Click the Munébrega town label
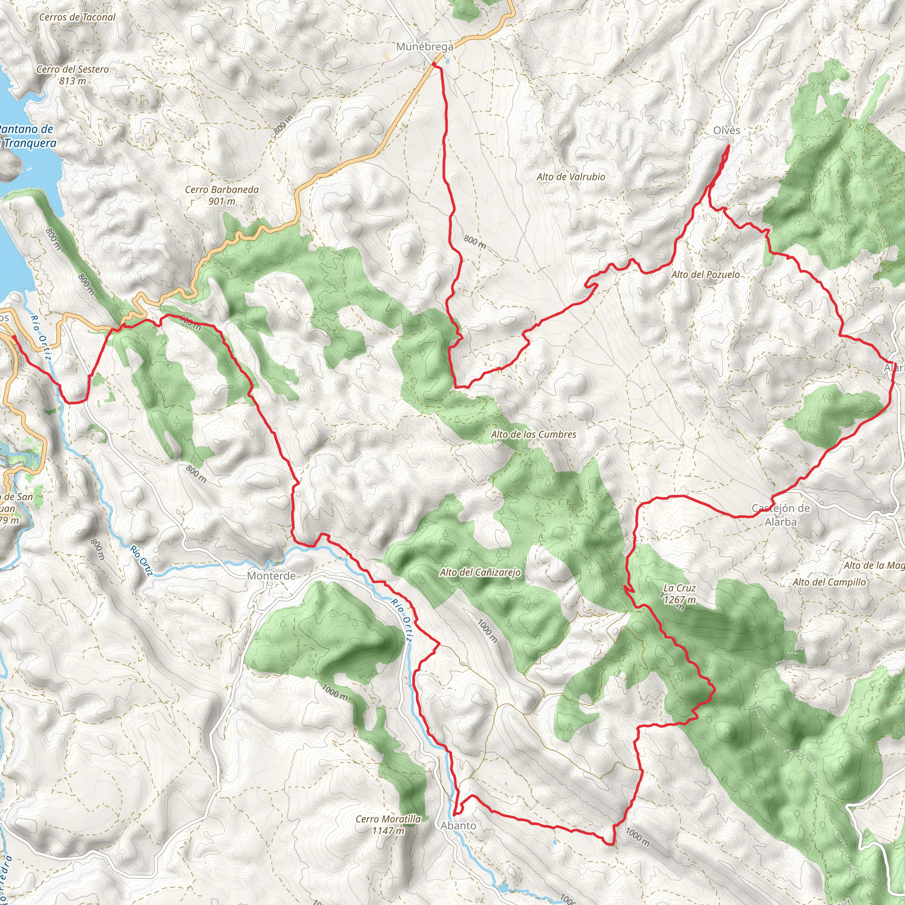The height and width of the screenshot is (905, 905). click(x=424, y=47)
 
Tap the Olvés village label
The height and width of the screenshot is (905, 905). click(x=726, y=131)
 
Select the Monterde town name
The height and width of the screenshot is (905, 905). click(x=271, y=576)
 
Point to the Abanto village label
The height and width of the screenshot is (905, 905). click(x=458, y=826)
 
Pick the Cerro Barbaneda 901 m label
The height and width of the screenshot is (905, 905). click(x=221, y=195)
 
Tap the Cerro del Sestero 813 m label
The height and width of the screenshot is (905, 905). click(x=72, y=75)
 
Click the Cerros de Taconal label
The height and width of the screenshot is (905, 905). click(x=77, y=17)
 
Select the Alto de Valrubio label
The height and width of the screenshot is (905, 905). click(x=570, y=177)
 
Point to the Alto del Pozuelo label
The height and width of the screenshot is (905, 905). click(x=705, y=274)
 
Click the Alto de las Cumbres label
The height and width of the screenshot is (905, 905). click(x=533, y=434)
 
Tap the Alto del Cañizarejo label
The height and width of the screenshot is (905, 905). click(x=480, y=572)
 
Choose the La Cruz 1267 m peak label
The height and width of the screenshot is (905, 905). click(x=679, y=593)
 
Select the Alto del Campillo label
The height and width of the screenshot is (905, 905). click(x=829, y=582)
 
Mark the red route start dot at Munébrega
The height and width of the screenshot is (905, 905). click(x=434, y=64)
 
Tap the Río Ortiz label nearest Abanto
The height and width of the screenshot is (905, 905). click(x=403, y=621)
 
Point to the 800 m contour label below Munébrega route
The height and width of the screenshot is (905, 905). click(x=475, y=242)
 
